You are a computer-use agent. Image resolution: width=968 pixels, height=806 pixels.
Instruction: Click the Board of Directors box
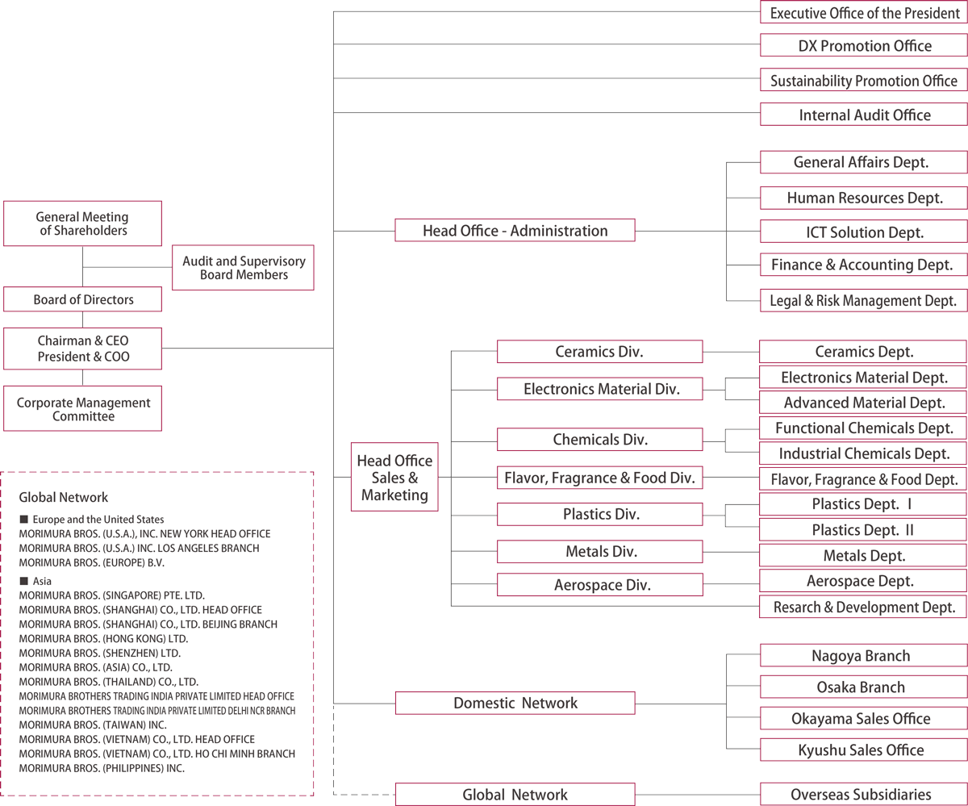(83, 299)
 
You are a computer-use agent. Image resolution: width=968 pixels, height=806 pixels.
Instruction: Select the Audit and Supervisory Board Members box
(243, 268)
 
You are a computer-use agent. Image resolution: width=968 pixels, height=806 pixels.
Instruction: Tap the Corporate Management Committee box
(83, 408)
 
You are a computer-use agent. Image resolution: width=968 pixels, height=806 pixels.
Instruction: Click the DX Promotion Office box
(864, 46)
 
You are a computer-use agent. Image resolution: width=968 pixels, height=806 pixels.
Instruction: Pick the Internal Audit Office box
(864, 115)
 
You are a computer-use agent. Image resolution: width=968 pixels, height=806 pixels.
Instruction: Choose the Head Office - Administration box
(515, 231)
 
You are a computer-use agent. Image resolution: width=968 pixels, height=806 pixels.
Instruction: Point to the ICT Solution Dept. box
(864, 231)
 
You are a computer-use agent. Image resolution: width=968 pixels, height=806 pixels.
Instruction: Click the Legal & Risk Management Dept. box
(864, 300)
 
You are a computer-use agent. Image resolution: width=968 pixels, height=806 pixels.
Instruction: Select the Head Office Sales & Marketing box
(394, 477)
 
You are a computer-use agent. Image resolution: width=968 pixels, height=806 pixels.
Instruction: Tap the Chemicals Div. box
(599, 440)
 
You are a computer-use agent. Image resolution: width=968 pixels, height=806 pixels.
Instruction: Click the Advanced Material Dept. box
(864, 402)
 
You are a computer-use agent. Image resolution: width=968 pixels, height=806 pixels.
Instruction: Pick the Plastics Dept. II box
(864, 529)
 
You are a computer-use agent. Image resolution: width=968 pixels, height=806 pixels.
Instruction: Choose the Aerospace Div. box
(599, 584)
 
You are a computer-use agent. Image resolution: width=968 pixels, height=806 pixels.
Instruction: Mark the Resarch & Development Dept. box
(864, 607)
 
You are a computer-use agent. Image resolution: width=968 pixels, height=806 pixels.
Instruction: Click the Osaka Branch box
(864, 687)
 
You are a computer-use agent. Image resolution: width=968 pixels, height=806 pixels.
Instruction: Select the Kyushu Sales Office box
(864, 750)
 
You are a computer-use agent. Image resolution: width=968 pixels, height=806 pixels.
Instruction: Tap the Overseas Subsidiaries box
(864, 794)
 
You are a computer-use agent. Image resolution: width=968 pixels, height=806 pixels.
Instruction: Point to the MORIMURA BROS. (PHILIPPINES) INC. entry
(102, 768)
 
